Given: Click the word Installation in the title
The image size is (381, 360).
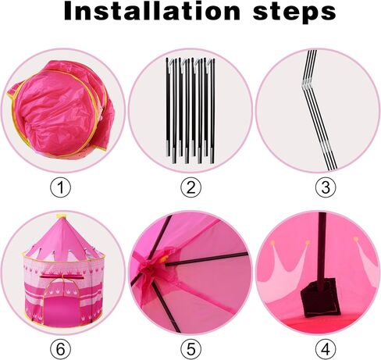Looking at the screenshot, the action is [x=152, y=11].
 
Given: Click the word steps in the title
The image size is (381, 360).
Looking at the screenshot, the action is [x=294, y=13].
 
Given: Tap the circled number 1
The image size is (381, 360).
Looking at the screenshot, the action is [x=60, y=187].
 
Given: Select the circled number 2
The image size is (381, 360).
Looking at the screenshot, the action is [x=190, y=187].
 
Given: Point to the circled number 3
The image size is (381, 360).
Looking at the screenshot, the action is [x=326, y=187].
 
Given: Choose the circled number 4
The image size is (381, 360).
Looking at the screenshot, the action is [x=326, y=349].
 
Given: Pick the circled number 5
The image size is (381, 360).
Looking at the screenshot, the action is [x=190, y=349].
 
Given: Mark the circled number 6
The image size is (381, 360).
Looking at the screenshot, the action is [x=60, y=349].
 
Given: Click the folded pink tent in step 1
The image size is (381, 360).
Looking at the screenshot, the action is [x=61, y=109].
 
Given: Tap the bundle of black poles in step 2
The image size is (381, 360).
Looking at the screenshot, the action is [x=190, y=111].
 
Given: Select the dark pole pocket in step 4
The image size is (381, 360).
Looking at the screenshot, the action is [x=320, y=298].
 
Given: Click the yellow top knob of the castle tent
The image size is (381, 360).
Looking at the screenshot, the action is [x=62, y=216].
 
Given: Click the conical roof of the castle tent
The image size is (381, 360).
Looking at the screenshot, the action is [x=62, y=240].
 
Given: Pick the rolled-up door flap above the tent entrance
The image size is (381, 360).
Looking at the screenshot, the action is [x=62, y=276].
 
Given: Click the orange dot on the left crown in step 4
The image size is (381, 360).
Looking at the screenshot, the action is [x=272, y=243].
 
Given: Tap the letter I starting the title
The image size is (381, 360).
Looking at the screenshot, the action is [x=69, y=11].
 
